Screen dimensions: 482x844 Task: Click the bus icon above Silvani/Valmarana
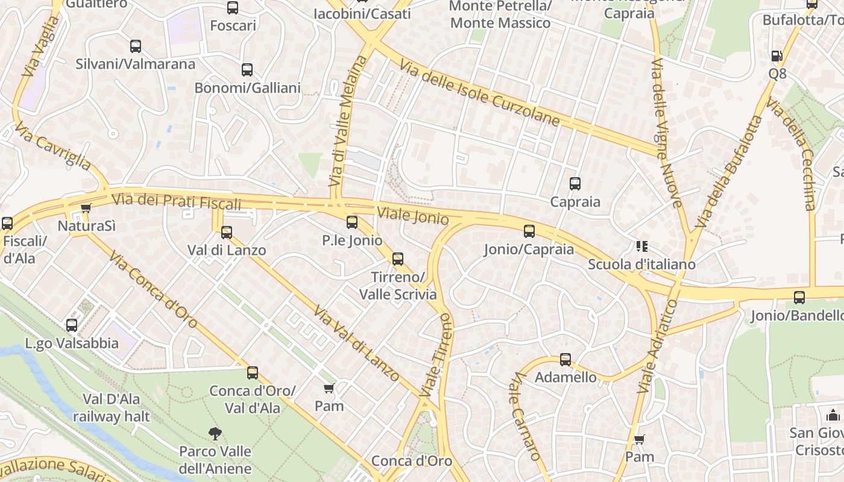point(136,46)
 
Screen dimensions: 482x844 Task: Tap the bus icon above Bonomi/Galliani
point(247,70)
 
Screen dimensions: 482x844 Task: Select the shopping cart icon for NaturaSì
point(86,208)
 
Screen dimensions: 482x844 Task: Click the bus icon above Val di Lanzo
point(227,233)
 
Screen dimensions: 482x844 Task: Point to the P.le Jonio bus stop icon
point(352,222)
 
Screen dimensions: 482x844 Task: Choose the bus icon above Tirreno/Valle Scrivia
point(398,259)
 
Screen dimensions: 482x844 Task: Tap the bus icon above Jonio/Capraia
point(529,231)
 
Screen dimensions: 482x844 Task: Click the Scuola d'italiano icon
point(641,246)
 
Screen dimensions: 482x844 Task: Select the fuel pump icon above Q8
point(777,56)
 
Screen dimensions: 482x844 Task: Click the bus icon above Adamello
point(565,360)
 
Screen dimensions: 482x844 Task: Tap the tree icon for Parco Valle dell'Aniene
point(215,433)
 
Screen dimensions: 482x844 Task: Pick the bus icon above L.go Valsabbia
point(72,325)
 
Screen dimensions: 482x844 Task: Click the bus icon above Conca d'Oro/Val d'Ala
point(253,373)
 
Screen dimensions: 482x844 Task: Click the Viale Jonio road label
point(413,216)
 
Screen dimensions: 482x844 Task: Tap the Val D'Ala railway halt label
point(107,407)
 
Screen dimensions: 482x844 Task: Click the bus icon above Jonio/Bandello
point(799,297)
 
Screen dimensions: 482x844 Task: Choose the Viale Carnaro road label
point(524,415)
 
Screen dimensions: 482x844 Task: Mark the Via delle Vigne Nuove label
point(667,133)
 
